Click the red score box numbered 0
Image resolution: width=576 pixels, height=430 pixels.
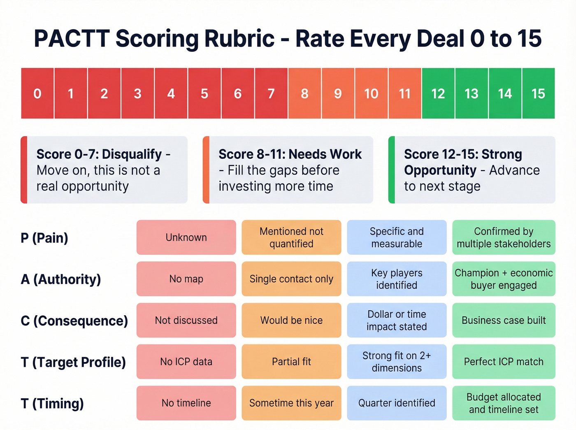37,94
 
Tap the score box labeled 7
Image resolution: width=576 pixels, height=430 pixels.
271,94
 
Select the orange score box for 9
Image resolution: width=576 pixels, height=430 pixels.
338,94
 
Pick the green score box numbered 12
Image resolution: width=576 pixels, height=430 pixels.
438,94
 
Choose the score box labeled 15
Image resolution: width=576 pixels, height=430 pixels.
538,94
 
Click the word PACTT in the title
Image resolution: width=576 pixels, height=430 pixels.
72,39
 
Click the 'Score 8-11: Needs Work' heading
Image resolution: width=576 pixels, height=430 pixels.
290,154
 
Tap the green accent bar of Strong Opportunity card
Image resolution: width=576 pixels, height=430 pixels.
392,170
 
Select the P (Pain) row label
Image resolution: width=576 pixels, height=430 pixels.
44,238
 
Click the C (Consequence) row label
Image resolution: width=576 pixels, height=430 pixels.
74,321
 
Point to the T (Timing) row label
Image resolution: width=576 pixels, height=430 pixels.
52,403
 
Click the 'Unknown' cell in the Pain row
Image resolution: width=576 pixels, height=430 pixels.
186,237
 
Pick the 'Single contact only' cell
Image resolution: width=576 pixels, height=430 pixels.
291,279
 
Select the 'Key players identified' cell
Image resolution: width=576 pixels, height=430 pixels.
397,279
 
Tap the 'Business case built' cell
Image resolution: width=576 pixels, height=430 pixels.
504,321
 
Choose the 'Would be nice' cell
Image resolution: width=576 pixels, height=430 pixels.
291,321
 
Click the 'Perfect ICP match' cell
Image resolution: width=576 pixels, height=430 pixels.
504,362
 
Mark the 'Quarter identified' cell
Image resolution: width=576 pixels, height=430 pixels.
397,403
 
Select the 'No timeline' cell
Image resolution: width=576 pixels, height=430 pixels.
186,403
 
